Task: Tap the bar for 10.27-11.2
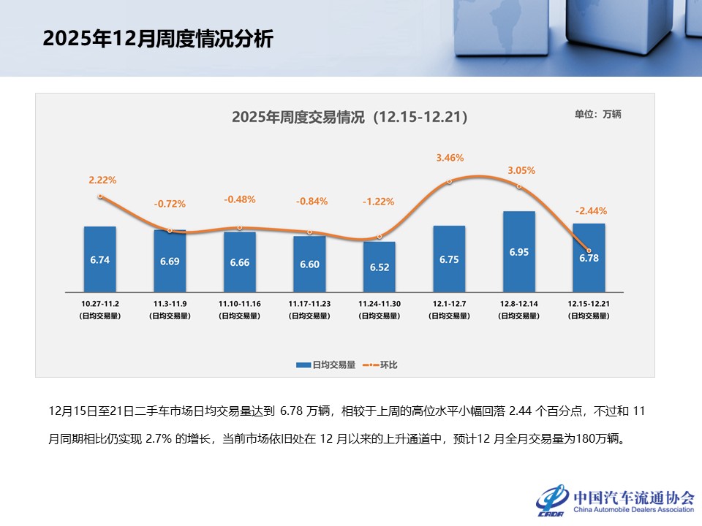click(99, 259)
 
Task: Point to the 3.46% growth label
click(450, 157)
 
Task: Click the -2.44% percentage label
click(591, 210)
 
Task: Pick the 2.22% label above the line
click(102, 179)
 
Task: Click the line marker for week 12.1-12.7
click(449, 181)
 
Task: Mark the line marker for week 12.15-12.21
click(589, 251)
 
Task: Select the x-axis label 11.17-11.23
click(309, 302)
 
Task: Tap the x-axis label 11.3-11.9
click(170, 302)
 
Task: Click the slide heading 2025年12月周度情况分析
click(157, 39)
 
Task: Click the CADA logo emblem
click(553, 499)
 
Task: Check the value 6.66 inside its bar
click(239, 263)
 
